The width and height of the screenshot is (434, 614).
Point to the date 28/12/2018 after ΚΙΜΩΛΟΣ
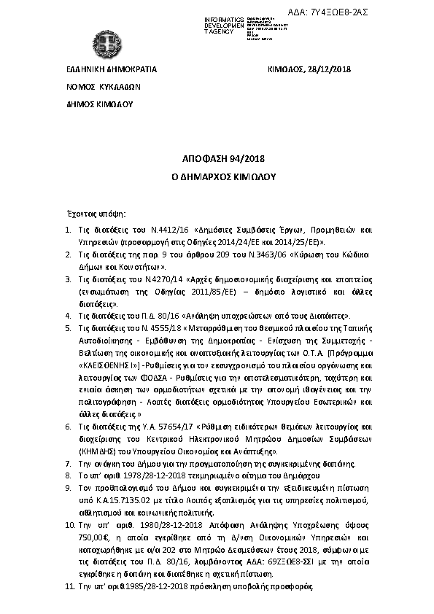click(x=331, y=69)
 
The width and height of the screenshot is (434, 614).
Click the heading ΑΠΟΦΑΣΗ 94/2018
click(x=217, y=158)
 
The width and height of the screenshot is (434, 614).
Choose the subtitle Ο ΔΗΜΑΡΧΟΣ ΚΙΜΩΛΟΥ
click(x=217, y=176)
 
